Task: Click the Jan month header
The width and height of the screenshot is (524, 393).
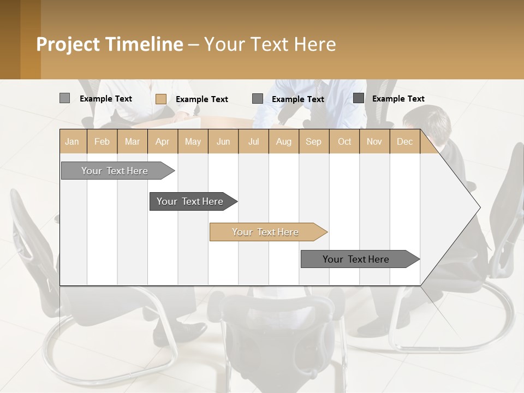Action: (x=72, y=141)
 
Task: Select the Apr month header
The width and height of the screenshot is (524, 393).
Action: (x=162, y=141)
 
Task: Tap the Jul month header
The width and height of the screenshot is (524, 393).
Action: (x=253, y=141)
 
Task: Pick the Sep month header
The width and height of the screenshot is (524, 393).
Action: (x=313, y=141)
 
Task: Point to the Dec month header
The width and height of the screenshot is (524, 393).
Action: (x=404, y=141)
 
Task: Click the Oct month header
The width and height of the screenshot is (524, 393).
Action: (x=344, y=141)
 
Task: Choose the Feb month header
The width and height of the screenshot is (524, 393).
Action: (x=102, y=141)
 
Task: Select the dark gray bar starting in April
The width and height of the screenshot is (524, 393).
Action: (x=190, y=201)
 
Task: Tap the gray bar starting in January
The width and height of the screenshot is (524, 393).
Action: (x=115, y=171)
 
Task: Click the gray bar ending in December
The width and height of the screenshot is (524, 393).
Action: (x=356, y=259)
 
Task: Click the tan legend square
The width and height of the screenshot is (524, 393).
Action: (x=160, y=99)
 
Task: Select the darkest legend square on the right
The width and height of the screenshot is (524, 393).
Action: (x=358, y=98)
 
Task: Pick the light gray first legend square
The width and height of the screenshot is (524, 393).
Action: (x=64, y=98)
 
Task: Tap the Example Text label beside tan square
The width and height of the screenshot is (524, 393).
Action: (x=202, y=99)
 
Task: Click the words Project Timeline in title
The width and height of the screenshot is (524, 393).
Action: (x=109, y=44)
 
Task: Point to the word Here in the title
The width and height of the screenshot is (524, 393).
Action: (x=315, y=44)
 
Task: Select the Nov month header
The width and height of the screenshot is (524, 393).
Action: (x=374, y=141)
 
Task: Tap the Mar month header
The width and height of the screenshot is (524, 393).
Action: (x=132, y=141)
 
